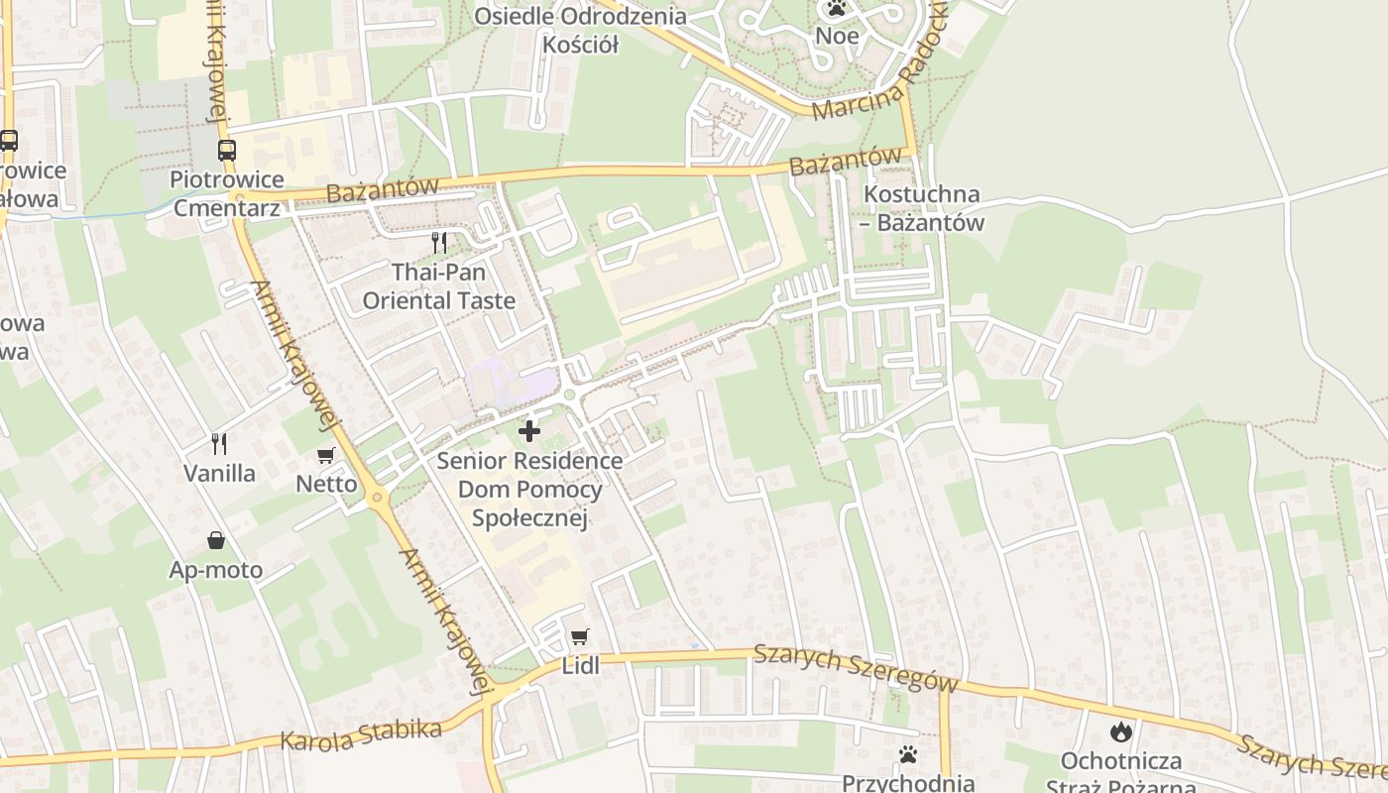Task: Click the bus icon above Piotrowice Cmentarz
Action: (227, 151)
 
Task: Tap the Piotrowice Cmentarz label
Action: (227, 194)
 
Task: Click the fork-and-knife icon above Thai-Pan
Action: (439, 243)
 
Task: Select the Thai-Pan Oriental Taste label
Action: (439, 286)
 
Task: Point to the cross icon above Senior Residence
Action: (529, 431)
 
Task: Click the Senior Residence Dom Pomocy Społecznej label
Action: (530, 490)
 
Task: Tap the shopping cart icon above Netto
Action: (325, 456)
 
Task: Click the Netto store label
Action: (326, 485)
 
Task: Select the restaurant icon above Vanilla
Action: (219, 443)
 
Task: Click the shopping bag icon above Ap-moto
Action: (215, 540)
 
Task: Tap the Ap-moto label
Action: (216, 570)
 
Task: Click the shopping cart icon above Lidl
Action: (580, 636)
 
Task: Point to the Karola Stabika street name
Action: (361, 736)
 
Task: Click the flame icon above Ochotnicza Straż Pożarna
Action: (1121, 732)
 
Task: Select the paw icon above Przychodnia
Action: (908, 754)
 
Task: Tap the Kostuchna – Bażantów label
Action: (923, 208)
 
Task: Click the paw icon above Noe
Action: (837, 10)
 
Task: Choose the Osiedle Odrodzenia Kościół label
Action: (580, 30)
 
